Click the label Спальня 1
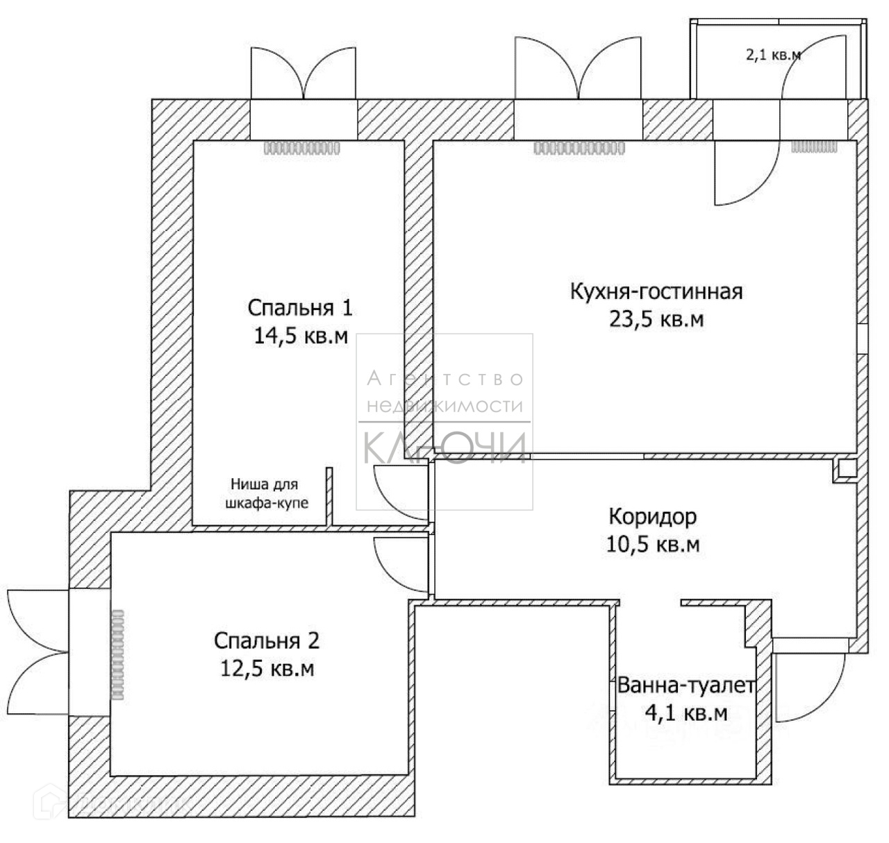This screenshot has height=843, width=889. click(300, 307)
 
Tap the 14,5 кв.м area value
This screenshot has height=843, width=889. click(301, 337)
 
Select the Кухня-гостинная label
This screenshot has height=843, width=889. click(656, 291)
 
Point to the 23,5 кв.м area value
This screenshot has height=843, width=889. click(656, 319)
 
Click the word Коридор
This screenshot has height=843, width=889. click(652, 516)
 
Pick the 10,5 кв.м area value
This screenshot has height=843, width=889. click(652, 545)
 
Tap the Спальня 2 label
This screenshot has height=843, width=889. click(267, 640)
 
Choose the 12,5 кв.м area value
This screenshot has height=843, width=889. click(267, 669)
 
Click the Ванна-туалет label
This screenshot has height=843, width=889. click(686, 686)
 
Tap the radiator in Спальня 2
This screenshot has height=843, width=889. click(117, 653)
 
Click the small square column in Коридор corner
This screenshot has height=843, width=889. click(846, 469)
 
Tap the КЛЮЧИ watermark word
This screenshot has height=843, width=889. click(444, 448)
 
